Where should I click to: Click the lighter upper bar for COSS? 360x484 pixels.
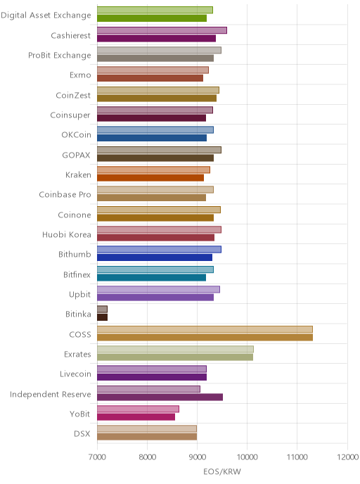point(205,329)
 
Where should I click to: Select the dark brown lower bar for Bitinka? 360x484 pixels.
point(103,317)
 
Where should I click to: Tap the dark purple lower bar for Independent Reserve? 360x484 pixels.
point(160,397)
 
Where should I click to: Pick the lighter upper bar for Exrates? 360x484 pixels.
point(175,349)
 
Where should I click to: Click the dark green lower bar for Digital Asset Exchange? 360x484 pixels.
point(152,18)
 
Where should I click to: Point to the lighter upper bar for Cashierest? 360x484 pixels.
point(162,30)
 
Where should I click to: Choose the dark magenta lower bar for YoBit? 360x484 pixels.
point(136,417)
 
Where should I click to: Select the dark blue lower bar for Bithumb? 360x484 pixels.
point(155,257)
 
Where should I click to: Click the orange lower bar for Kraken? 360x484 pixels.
point(150,178)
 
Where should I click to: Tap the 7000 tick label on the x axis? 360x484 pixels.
point(97,457)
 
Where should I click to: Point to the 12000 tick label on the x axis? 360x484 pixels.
point(347,457)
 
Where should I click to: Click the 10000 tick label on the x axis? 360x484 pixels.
point(247,457)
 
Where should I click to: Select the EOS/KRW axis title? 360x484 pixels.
point(222,471)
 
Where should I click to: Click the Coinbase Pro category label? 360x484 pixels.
point(65,194)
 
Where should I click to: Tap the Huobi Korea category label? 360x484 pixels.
point(67,234)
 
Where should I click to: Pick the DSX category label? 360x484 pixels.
point(82,433)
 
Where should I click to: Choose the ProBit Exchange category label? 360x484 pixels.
point(60,56)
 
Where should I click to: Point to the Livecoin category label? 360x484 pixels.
point(75,374)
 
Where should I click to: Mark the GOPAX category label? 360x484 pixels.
point(76,155)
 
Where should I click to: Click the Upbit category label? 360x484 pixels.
point(80,295)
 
